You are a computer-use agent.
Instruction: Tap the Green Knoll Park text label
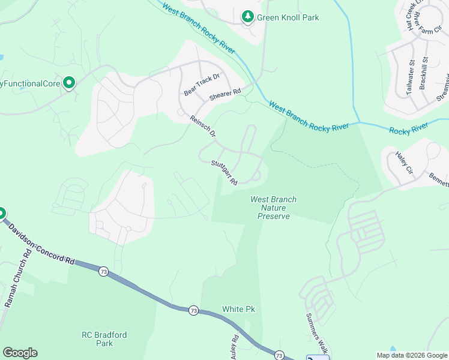(x=288, y=17)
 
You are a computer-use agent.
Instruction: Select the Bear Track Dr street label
(x=202, y=84)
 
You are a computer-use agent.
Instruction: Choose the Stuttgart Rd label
(x=224, y=172)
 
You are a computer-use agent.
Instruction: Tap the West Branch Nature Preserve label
(x=273, y=208)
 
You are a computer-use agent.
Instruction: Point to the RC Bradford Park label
(x=104, y=339)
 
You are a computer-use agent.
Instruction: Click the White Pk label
(x=238, y=309)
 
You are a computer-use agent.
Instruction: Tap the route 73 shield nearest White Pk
(x=193, y=310)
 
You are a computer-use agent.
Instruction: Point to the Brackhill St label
(x=424, y=74)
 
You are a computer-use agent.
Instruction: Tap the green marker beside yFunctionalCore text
(x=69, y=83)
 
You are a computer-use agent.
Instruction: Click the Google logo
(x=20, y=353)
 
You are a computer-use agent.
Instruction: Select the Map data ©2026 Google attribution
(x=411, y=355)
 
